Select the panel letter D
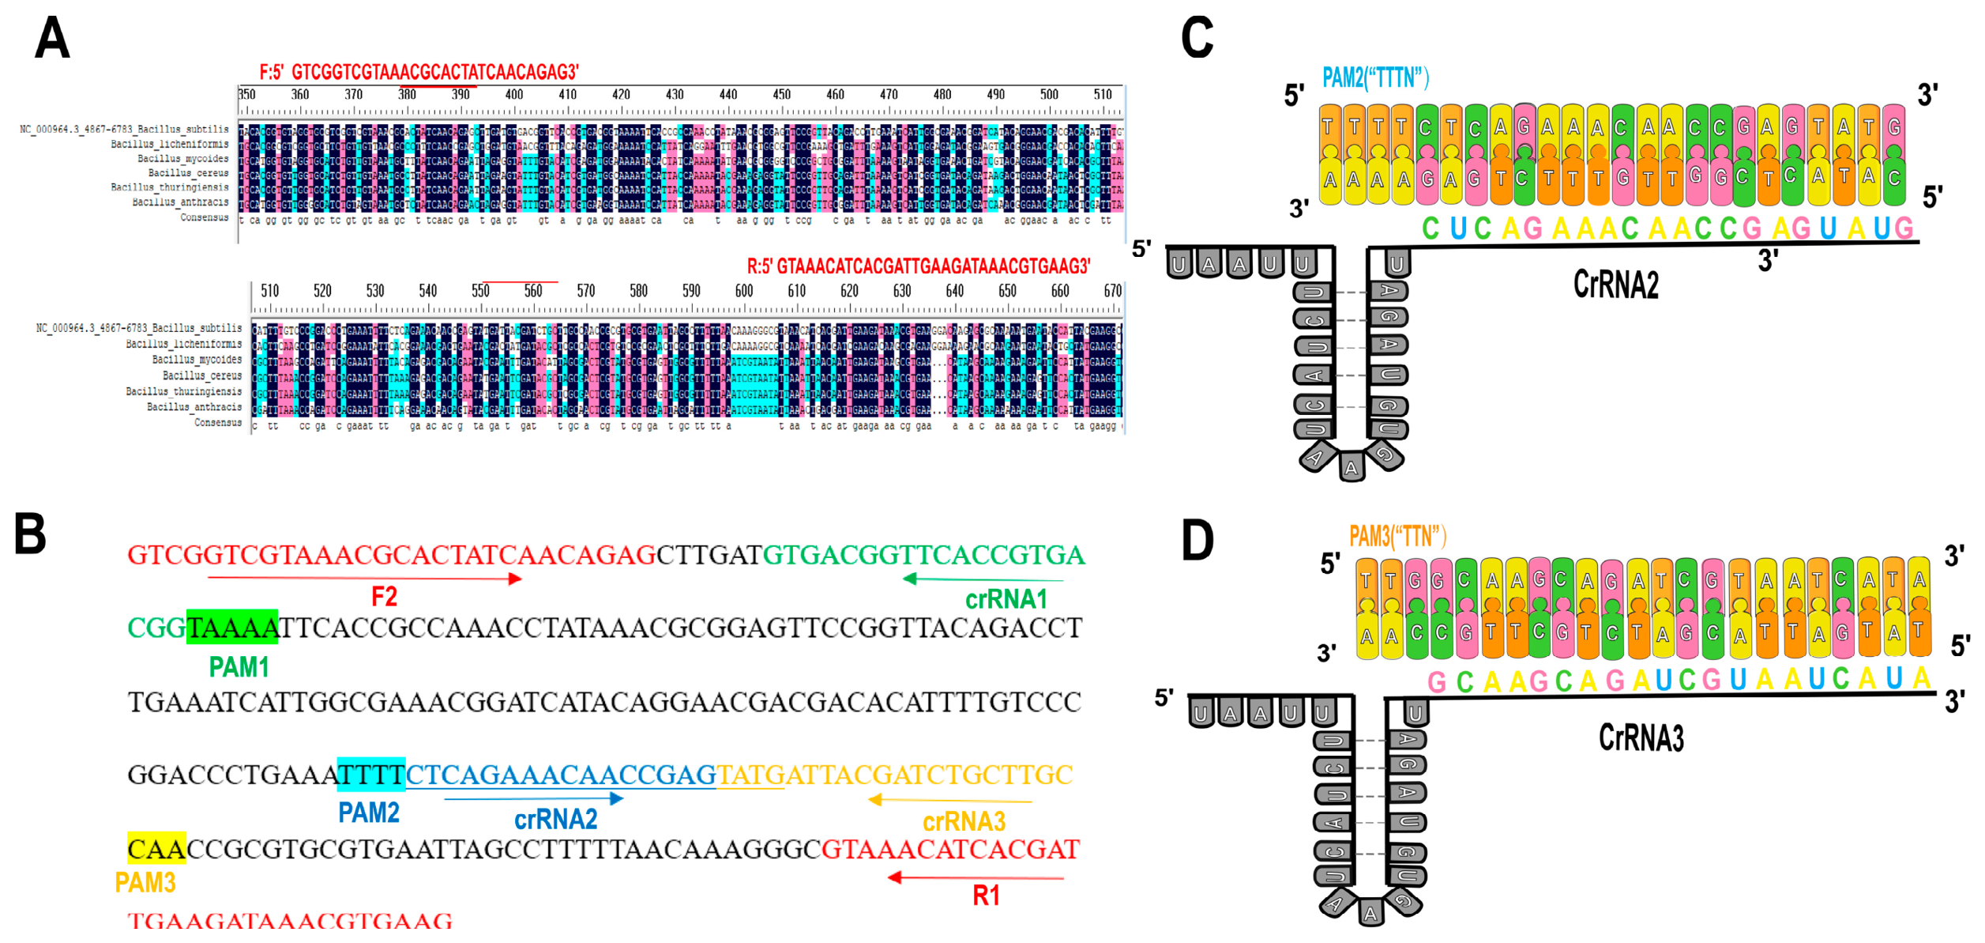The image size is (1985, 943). pyautogui.click(x=1197, y=541)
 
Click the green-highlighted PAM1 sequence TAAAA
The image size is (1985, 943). pyautogui.click(x=232, y=628)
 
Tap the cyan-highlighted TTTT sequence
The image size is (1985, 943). pyautogui.click(x=370, y=775)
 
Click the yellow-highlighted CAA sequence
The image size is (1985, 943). pyautogui.click(x=156, y=849)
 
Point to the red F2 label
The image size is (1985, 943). pyautogui.click(x=384, y=598)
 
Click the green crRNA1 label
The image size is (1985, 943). pyautogui.click(x=1006, y=600)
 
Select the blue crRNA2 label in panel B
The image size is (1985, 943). pyautogui.click(x=555, y=820)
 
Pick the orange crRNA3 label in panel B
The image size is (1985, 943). pyautogui.click(x=964, y=822)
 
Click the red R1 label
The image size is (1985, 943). pyautogui.click(x=986, y=896)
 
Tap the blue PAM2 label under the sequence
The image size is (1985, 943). pyautogui.click(x=368, y=813)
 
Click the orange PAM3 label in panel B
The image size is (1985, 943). pyautogui.click(x=145, y=882)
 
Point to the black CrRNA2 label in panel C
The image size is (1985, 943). pyautogui.click(x=1615, y=285)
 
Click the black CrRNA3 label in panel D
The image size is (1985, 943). pyautogui.click(x=1641, y=737)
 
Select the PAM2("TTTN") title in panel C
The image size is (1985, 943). pyautogui.click(x=1375, y=77)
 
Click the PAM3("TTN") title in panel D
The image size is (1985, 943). pyautogui.click(x=1397, y=536)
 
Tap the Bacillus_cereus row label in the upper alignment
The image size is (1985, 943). pyautogui.click(x=188, y=173)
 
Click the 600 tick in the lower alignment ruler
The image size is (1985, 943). pyautogui.click(x=743, y=291)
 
